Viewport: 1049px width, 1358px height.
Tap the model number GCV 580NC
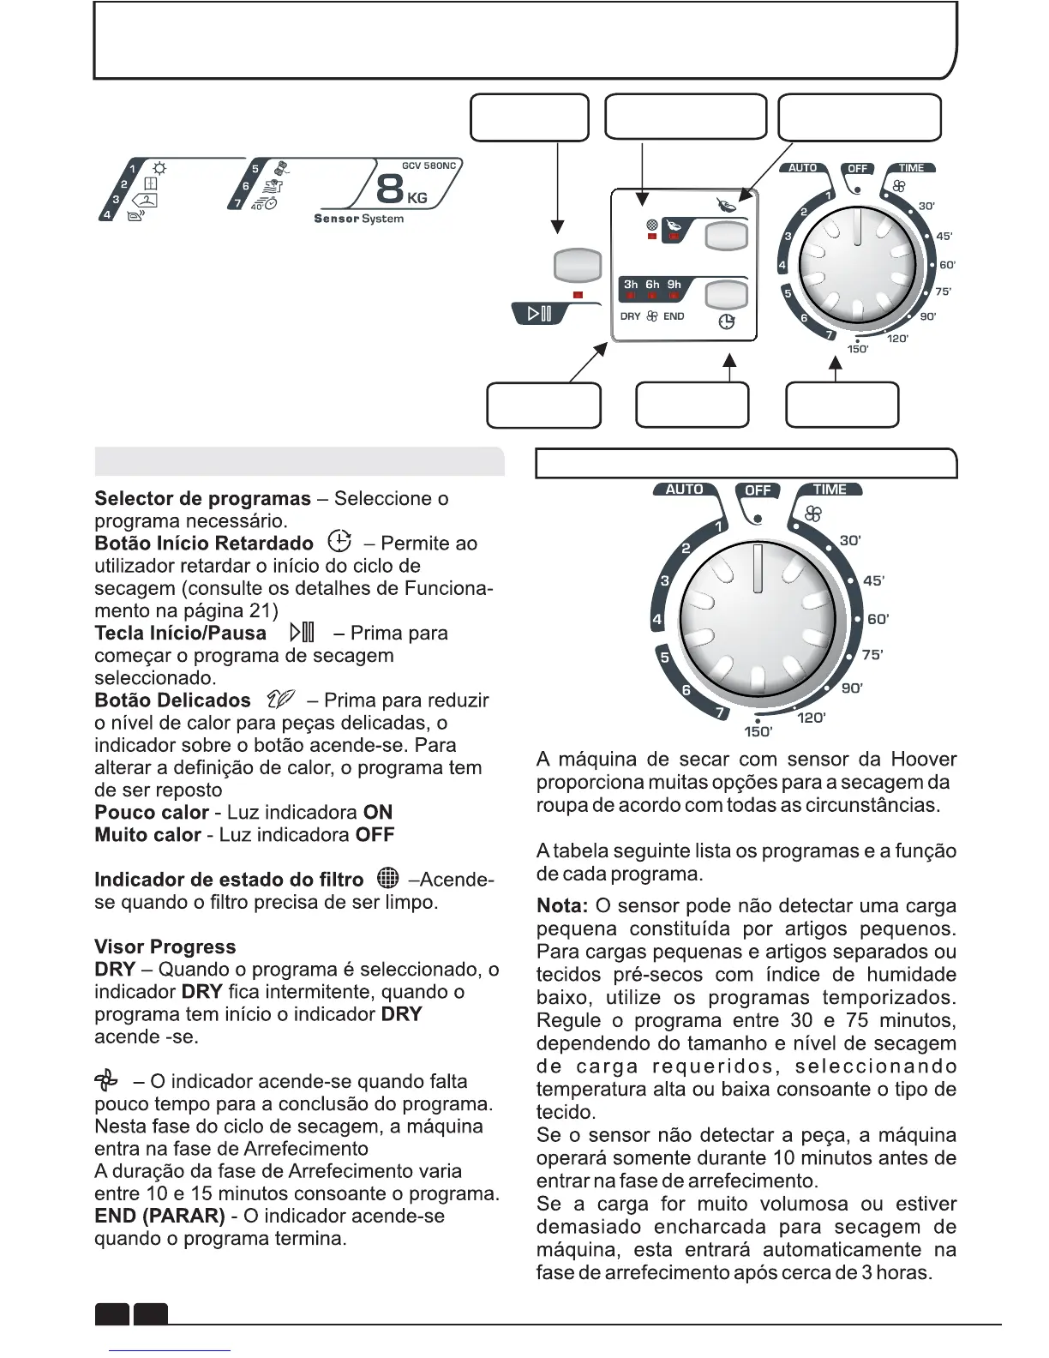(x=429, y=165)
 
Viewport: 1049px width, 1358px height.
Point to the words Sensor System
(x=358, y=219)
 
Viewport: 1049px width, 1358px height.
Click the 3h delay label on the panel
(x=631, y=284)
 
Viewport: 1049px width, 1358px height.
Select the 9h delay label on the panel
(x=674, y=284)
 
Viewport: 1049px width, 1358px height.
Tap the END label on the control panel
(x=674, y=316)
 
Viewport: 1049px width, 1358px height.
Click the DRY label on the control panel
(x=630, y=316)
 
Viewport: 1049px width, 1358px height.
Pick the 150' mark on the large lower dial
(x=758, y=731)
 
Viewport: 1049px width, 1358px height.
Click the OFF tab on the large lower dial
(x=758, y=490)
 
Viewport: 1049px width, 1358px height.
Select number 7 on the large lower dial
(x=721, y=712)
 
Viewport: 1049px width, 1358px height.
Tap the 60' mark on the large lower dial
(x=878, y=619)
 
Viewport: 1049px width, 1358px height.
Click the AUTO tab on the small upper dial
(x=802, y=168)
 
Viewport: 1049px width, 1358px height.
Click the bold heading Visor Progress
(x=165, y=946)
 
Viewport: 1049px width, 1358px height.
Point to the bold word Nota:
(x=561, y=906)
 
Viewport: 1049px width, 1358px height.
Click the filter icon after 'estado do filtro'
(x=387, y=878)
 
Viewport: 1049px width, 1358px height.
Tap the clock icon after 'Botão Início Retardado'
(x=339, y=542)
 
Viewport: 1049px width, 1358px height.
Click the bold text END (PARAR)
(x=159, y=1216)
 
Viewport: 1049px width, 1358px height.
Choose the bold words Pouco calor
(x=152, y=812)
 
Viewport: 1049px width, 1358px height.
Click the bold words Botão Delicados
(x=172, y=700)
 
